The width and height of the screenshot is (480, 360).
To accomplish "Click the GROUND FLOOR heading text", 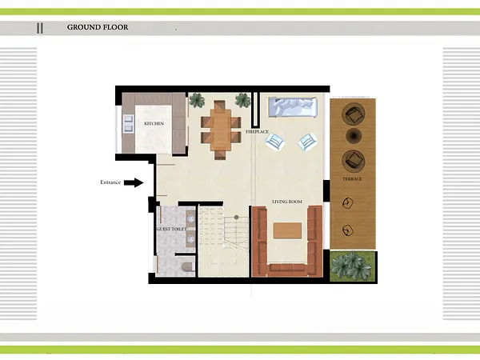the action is coord(98,27).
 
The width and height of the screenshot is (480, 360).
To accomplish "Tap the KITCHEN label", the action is coord(154,124).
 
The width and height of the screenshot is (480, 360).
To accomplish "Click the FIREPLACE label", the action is coord(257,132).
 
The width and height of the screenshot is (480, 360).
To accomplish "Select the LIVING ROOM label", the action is coord(287,202).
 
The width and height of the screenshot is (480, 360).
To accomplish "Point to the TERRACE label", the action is coord(352,179).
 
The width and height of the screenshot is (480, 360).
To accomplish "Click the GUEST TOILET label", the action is coord(171,229).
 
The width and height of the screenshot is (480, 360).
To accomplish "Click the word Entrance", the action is coord(110,182).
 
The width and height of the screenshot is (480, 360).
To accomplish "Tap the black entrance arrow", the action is coord(134,182).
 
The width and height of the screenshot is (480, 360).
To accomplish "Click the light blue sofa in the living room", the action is coord(292,107).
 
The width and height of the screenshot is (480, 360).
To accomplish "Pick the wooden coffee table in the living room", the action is coord(287,230).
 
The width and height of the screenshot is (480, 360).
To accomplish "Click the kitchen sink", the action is coord(128,123).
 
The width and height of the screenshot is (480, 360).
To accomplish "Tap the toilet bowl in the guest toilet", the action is coord(188,267).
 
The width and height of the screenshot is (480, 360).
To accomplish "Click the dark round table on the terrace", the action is coord(354,135).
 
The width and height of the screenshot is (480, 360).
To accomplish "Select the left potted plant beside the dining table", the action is coord(197,100).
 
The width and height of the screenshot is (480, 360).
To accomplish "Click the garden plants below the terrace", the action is coord(353,266).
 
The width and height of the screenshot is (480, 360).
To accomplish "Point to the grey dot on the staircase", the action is coord(236,217).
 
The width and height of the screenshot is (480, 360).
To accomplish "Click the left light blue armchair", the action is coord(275,142).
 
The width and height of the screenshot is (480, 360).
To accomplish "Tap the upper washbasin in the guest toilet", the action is coord(190,218).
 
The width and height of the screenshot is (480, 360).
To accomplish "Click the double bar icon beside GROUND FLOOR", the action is coord(40,28).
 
